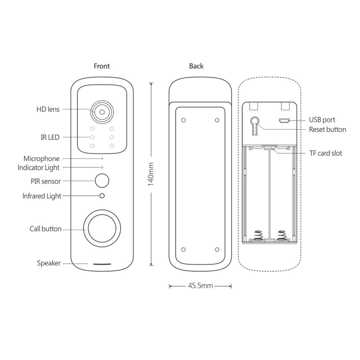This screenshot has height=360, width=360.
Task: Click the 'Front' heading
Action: (x=102, y=66)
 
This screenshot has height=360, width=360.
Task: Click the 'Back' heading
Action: (x=196, y=66)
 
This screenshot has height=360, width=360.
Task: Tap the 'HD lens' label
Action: (x=48, y=109)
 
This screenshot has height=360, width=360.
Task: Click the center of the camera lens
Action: (x=102, y=112)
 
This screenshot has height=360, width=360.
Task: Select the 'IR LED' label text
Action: (x=50, y=137)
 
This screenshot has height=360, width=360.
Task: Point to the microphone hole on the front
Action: (x=102, y=158)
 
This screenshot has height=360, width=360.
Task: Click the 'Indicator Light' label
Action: (x=39, y=167)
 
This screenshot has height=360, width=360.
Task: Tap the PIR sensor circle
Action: (x=102, y=181)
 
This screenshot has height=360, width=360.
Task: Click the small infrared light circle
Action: (x=102, y=196)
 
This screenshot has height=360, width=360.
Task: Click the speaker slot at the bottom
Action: (x=102, y=264)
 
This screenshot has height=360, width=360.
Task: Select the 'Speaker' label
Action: (x=49, y=263)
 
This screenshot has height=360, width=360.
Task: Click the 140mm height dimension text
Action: (x=151, y=174)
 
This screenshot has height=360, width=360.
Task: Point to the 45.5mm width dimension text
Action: (x=200, y=286)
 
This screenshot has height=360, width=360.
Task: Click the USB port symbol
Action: (x=284, y=120)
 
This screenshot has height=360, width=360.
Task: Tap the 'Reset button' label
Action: (x=328, y=130)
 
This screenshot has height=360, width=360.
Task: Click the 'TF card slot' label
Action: (x=325, y=153)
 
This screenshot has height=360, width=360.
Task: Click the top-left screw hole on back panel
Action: (x=184, y=120)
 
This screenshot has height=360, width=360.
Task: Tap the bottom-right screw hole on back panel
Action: (x=217, y=249)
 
